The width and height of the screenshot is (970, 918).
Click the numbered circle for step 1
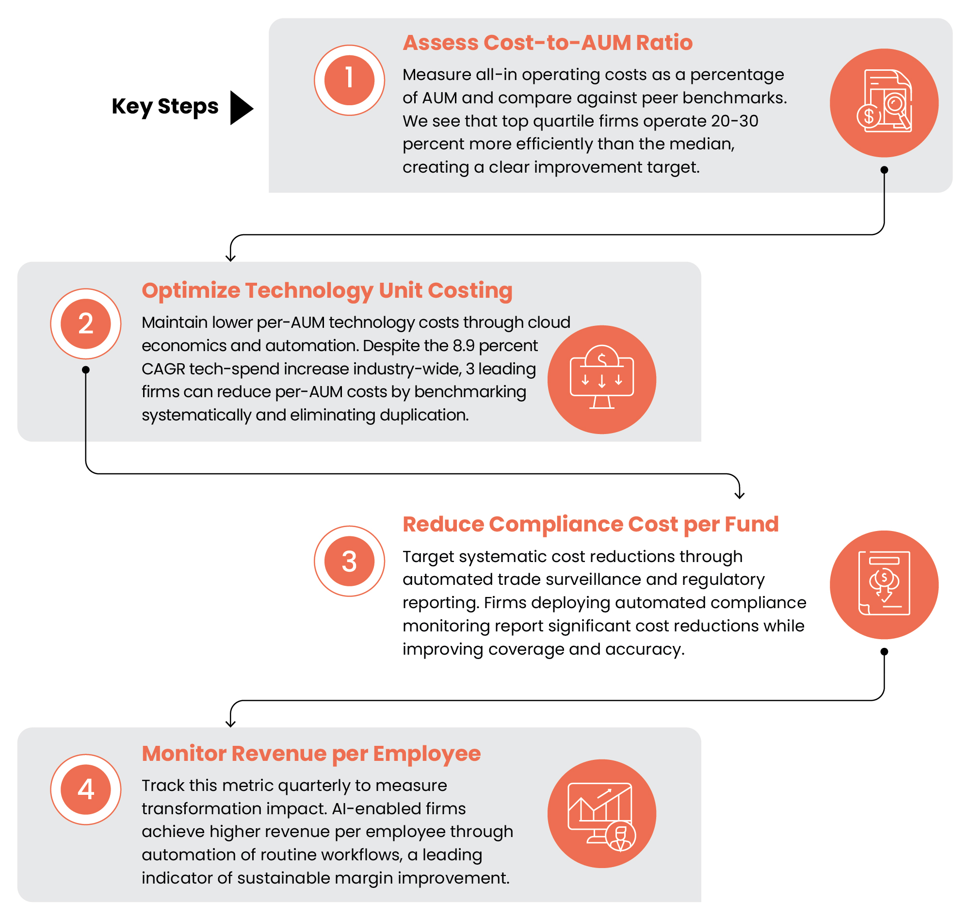click(349, 80)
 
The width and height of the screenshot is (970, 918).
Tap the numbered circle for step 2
click(86, 324)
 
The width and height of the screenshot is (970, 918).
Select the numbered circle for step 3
click(349, 561)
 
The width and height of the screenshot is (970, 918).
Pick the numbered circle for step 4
click(86, 790)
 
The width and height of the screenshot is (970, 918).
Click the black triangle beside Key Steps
click(241, 108)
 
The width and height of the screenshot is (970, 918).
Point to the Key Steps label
click(165, 107)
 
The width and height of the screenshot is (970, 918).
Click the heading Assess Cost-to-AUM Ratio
click(547, 43)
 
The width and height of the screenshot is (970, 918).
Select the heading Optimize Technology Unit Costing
click(327, 290)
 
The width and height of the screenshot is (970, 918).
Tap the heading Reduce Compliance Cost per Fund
click(590, 524)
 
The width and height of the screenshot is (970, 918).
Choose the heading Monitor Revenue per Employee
click(311, 754)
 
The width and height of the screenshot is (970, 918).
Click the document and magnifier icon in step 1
click(884, 103)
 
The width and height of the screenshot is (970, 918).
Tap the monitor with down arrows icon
click(601, 380)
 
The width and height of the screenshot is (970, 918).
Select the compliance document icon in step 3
click(884, 585)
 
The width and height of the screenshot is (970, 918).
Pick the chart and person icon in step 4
click(601, 814)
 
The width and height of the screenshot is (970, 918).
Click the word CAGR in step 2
click(163, 369)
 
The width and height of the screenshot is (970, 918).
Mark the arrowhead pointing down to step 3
click(740, 495)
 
